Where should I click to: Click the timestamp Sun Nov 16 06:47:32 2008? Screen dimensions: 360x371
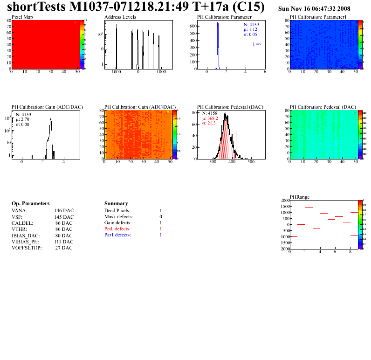point(314,9)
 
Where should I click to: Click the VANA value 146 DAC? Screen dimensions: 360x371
point(64,211)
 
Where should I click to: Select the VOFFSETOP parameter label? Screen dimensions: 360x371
point(27,248)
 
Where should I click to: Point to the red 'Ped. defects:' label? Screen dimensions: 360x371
point(118,229)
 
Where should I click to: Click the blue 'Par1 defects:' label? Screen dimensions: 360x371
point(117,235)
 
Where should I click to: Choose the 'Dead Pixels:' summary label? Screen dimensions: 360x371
point(117,211)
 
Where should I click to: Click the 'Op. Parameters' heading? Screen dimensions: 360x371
point(30,204)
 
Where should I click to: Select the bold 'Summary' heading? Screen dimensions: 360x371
point(116,204)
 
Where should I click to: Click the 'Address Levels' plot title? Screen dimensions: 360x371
point(120,17)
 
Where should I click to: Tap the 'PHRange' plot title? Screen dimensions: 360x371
point(299,197)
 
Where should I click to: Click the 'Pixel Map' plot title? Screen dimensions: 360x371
point(22,17)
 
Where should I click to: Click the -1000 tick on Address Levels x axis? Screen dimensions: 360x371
point(116,72)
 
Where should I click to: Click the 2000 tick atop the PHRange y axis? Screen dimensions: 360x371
point(284,200)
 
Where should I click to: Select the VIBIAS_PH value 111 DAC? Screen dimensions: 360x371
point(64,242)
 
